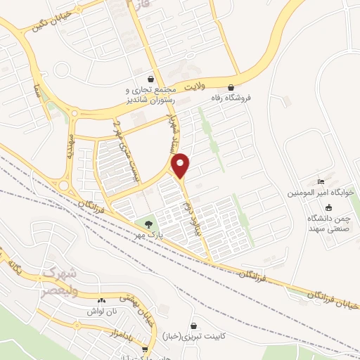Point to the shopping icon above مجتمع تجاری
pos(150,79)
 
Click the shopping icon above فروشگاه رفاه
pos(230,88)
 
